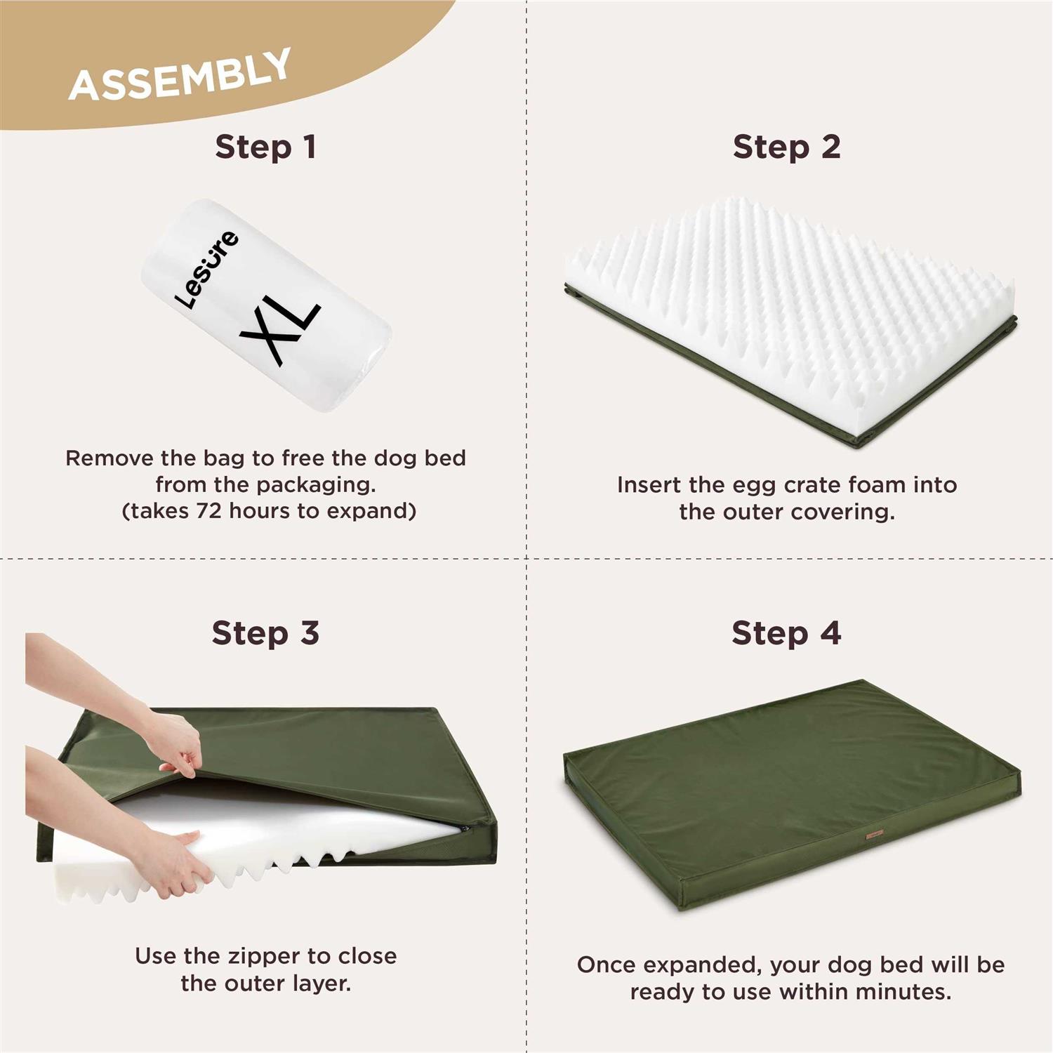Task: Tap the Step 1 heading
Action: coord(265,147)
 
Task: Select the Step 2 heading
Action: coord(786,147)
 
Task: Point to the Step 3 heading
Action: coord(265,633)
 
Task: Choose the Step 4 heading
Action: coord(786,633)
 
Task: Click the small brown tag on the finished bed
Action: coord(874,835)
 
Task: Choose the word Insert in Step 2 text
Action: coord(649,485)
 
